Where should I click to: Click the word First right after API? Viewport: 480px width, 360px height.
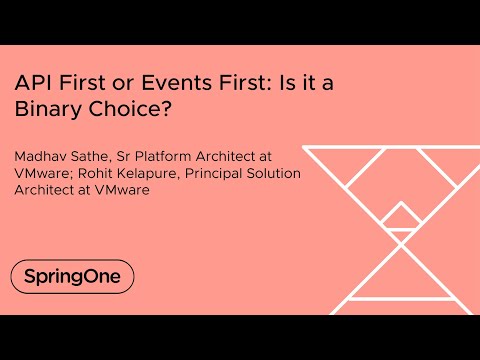pos(80,84)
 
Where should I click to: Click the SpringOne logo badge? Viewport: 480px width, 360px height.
pos(72,276)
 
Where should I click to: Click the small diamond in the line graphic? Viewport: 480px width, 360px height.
pos(402,214)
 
